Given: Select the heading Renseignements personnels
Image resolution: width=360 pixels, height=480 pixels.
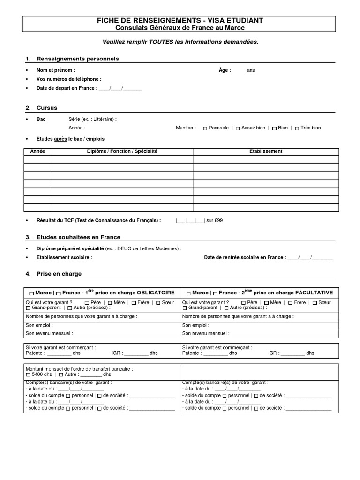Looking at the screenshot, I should coord(78,59).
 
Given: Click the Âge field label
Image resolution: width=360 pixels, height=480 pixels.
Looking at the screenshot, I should coord(225,70).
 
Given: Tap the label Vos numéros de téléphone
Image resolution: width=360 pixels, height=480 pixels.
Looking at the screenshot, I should coord(69,79).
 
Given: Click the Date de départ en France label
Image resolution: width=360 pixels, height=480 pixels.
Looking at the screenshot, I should coord(67,88).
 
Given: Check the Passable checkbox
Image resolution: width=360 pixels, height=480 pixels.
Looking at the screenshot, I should coord(205,128).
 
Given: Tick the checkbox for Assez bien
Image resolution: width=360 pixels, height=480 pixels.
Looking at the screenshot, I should coord(238,128).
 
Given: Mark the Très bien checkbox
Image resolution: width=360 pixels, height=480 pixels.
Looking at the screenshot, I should coord(297,128).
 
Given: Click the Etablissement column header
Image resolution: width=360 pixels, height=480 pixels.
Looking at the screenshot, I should coord(266,151).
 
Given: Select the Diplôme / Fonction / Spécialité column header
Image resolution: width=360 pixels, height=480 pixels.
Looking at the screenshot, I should coord(122,151).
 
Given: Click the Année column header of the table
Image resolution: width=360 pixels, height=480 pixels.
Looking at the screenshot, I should coord(37,151).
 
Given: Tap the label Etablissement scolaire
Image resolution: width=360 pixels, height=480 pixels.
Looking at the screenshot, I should coord(64,257).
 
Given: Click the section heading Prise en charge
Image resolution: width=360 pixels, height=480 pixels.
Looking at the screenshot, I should coord(59,274).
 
